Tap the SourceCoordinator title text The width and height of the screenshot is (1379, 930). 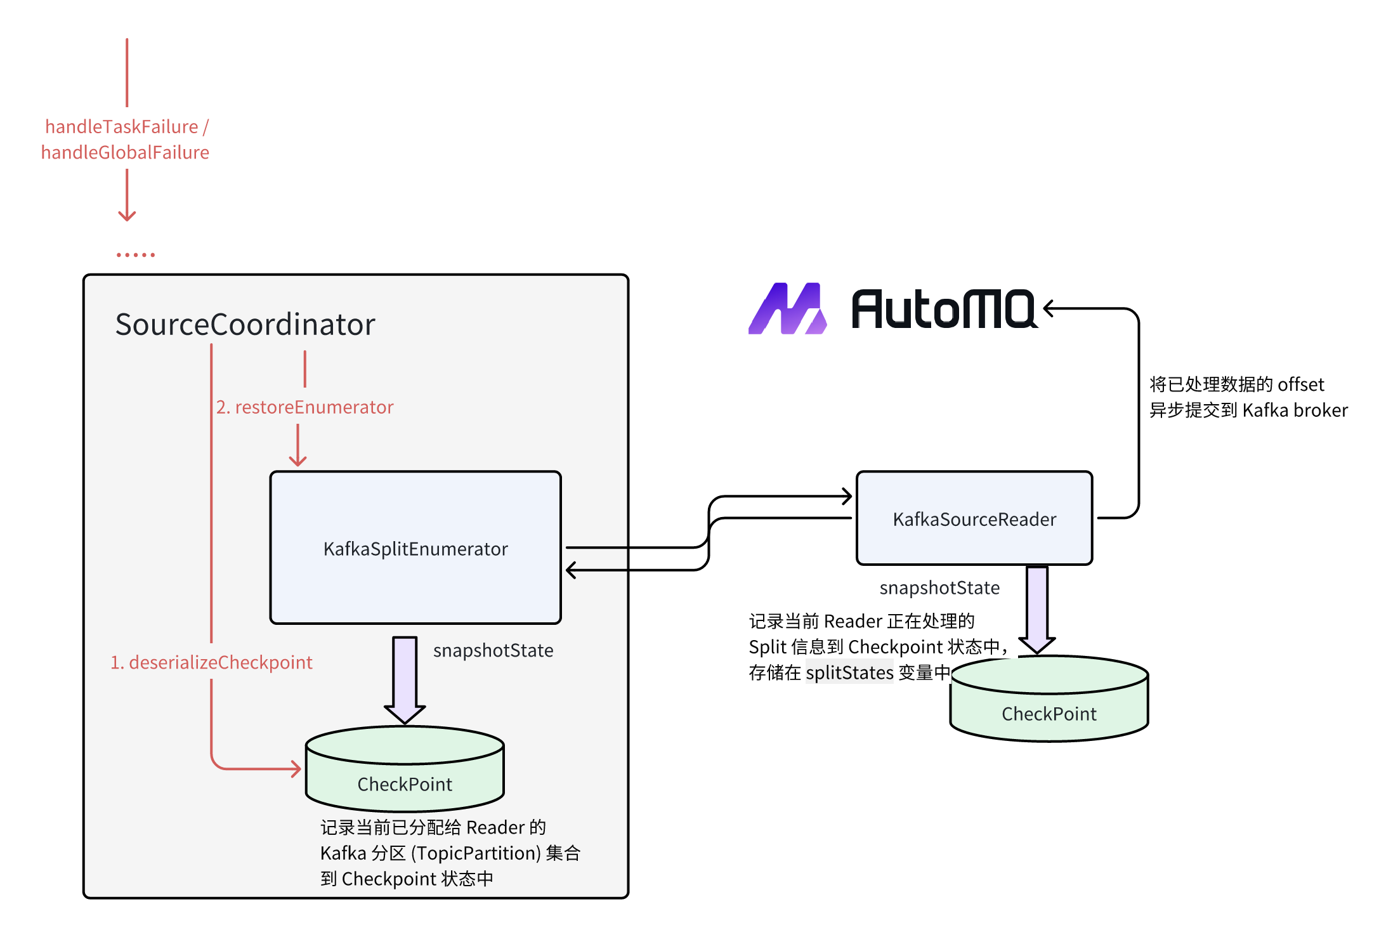[x=245, y=324]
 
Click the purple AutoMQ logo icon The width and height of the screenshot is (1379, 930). [x=787, y=309]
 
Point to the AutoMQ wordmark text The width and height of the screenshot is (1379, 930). [x=943, y=310]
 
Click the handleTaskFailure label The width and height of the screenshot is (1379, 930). [x=122, y=127]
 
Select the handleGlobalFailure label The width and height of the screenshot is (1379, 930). [x=125, y=152]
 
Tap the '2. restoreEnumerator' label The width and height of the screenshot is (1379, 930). [x=304, y=407]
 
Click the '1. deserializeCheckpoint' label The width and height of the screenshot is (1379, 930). [x=211, y=662]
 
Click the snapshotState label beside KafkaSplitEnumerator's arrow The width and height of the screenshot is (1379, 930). [x=493, y=650]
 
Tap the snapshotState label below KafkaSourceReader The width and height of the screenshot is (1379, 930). [x=939, y=588]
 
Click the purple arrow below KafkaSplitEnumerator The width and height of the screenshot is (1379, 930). [x=405, y=679]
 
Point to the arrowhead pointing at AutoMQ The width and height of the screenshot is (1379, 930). [x=1050, y=309]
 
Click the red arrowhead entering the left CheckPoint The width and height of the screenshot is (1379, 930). [x=296, y=769]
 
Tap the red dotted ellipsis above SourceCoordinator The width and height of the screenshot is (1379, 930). [x=136, y=255]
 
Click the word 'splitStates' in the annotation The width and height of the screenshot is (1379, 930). [x=849, y=672]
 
